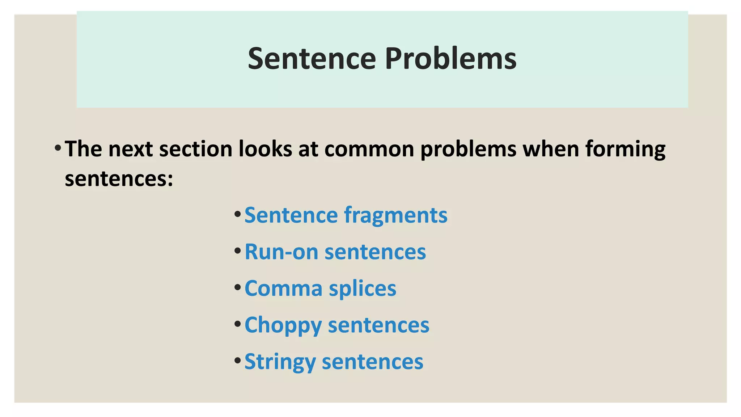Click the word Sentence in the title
[312, 59]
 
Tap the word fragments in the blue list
[395, 215]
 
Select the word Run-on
[281, 252]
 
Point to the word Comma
[283, 288]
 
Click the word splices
[363, 288]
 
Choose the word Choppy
[283, 325]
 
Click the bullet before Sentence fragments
[237, 214]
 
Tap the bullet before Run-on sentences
[237, 251]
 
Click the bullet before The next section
[58, 148]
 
